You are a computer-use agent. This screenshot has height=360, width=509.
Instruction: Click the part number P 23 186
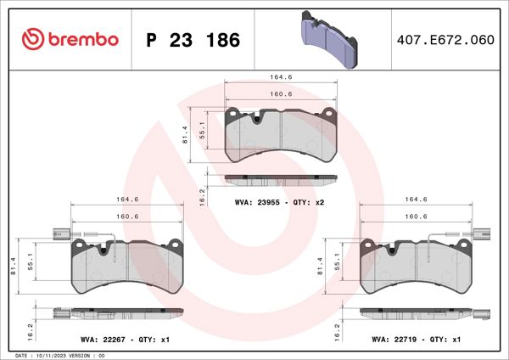point(193,40)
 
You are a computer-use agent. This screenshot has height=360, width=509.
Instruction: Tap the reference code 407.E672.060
point(445,40)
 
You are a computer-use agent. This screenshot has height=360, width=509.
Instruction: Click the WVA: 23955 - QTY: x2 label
point(280,204)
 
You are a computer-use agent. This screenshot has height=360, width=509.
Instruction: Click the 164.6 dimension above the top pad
point(280,77)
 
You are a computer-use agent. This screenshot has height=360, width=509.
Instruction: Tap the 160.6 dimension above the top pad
point(280,93)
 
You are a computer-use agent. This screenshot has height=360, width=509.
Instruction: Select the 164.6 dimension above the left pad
point(126,200)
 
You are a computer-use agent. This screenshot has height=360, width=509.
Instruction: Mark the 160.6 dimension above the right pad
point(416,217)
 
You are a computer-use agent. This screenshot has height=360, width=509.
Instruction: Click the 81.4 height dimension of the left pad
point(11,265)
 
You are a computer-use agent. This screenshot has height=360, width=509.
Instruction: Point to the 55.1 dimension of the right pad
point(338,266)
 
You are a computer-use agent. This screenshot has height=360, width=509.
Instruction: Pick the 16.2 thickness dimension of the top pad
point(202,196)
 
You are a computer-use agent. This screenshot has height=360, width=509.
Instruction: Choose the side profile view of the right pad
point(416,313)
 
